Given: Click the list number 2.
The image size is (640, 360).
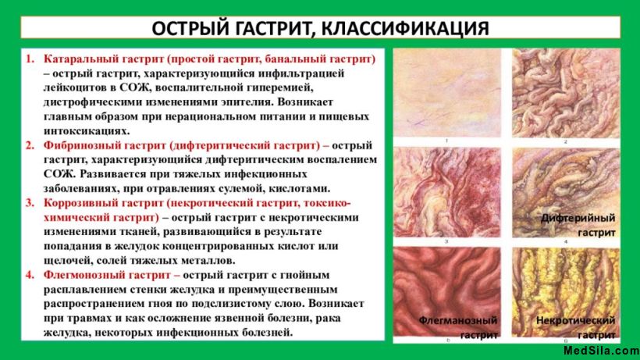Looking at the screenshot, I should pyautogui.click(x=29, y=145).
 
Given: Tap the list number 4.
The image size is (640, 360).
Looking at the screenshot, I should pyautogui.click(x=29, y=275).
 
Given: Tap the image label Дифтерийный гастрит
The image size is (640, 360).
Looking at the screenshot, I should pyautogui.click(x=578, y=225).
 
